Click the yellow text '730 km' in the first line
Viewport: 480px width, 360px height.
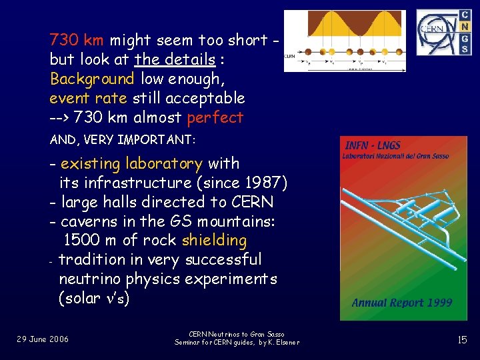(76, 40)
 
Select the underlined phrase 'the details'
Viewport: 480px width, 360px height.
(175, 59)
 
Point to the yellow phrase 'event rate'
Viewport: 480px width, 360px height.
(89, 98)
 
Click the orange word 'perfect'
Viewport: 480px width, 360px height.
(215, 118)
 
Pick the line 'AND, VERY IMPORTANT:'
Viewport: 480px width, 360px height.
(121, 141)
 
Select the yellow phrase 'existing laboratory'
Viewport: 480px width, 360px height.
(131, 163)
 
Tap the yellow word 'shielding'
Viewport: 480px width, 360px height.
(214, 240)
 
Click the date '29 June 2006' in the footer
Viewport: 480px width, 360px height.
(43, 339)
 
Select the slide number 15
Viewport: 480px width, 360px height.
(462, 340)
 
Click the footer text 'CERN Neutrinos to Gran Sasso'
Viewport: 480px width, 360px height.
(237, 334)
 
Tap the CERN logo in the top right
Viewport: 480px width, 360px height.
(437, 31)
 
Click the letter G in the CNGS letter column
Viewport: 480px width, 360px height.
(465, 38)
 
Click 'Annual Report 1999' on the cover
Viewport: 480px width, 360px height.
(401, 303)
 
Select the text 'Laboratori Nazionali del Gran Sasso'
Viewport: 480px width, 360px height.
(396, 156)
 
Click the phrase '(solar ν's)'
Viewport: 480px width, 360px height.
(94, 298)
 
